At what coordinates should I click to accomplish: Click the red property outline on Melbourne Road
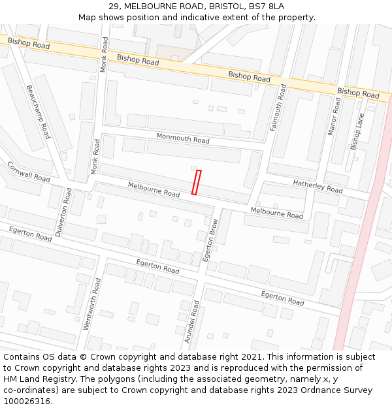click(x=196, y=182)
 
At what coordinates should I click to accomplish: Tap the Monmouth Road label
click(x=183, y=138)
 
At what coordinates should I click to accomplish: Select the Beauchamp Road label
click(x=38, y=111)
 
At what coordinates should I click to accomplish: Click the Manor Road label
click(x=334, y=116)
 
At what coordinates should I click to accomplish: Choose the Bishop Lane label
click(x=357, y=131)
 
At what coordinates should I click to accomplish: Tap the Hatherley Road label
click(x=318, y=186)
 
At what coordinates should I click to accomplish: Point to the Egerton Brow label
click(x=212, y=240)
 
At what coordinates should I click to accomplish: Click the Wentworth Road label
click(x=91, y=304)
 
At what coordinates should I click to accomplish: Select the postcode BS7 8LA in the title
click(x=268, y=6)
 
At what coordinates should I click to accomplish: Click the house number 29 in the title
click(x=114, y=6)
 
